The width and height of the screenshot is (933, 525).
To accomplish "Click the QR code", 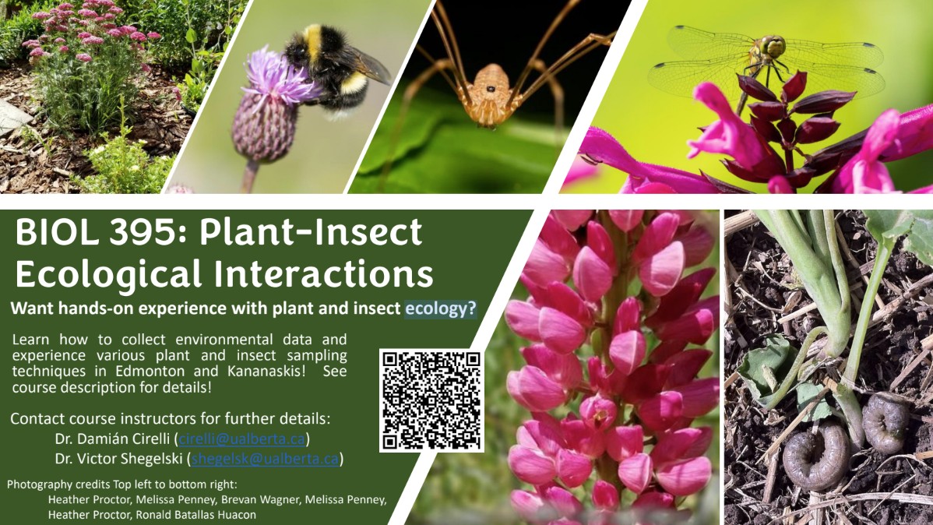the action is tap(431, 400).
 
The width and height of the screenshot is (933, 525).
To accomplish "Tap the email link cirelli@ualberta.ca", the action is tap(241, 439).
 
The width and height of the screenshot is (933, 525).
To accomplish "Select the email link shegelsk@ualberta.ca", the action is tap(265, 458).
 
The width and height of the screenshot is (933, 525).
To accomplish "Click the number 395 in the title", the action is tap(149, 232).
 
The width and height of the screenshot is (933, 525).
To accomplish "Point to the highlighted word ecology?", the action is tap(440, 308).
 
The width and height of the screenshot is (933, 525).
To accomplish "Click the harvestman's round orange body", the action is tap(491, 95).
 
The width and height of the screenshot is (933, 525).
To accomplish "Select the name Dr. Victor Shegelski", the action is tap(119, 458).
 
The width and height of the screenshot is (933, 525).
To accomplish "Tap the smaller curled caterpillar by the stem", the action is tap(885, 423).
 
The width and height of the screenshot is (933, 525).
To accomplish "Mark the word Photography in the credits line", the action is tap(39, 484).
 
